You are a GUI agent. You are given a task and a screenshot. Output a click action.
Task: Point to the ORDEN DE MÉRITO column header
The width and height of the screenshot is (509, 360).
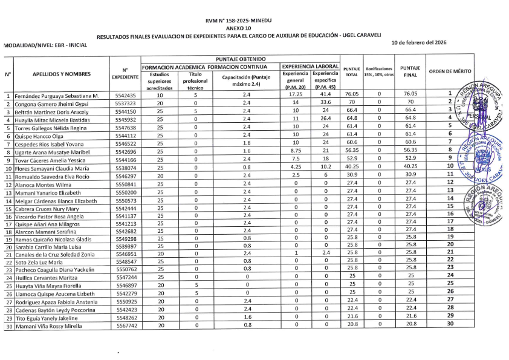450,71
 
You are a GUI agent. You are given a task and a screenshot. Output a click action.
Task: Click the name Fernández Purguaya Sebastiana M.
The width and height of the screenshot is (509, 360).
57,95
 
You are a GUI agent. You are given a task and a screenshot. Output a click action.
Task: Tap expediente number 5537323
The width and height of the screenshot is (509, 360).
126,103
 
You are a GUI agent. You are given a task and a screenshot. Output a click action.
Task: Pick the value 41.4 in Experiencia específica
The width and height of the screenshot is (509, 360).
325,94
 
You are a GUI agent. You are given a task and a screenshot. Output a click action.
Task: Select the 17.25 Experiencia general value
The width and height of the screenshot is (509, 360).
295,94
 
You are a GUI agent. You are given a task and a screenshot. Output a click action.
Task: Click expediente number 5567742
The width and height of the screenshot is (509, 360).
126,325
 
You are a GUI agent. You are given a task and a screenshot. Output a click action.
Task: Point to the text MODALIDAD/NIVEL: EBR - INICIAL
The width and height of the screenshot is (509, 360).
46,45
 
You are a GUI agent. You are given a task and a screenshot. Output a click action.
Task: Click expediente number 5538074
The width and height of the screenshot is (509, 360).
126,167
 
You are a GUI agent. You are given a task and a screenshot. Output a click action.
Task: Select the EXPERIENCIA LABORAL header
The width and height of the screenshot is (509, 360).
310,66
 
